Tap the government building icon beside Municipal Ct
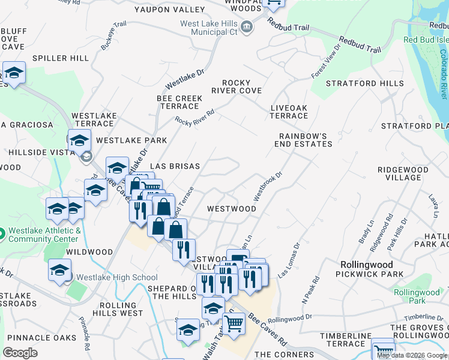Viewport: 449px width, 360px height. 246,27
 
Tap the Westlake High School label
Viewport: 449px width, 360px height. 114,277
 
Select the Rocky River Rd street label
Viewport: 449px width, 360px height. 194,116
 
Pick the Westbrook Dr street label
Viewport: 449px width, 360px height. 267,187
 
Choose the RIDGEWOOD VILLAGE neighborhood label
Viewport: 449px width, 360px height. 403,173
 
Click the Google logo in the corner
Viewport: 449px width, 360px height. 20,353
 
